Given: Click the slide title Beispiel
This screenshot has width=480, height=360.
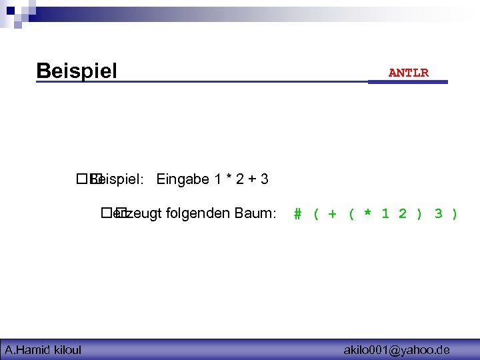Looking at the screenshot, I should pos(77,70).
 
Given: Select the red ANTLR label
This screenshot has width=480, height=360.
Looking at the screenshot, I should pos(409,73).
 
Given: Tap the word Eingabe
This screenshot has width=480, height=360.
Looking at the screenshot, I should pos(183,179).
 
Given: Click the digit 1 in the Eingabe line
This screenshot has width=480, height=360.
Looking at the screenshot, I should pos(217,179).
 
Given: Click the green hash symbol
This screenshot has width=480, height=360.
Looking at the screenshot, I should pos(298,214).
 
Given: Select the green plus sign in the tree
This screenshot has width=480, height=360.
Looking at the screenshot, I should pos(333,214).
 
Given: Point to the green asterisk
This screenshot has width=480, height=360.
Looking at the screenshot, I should pos(367,214).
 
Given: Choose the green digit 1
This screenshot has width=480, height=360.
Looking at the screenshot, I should pos(385,214).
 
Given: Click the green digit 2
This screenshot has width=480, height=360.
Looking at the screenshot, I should pos(402,214).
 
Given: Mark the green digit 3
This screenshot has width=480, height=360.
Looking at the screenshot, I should pos(437,214).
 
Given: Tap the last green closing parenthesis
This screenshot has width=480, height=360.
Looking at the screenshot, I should pos(455,214).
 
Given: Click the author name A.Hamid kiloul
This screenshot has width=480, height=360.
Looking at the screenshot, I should pos(43,349).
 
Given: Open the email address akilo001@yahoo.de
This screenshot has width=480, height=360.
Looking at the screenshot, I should pos(396,349).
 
